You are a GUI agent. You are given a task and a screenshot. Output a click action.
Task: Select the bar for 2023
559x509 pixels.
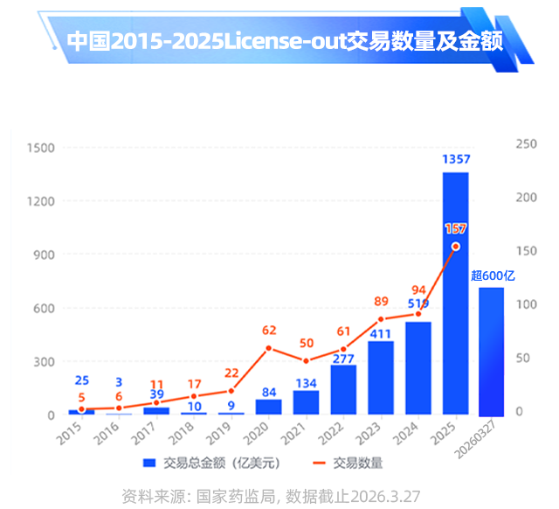click(x=380, y=378)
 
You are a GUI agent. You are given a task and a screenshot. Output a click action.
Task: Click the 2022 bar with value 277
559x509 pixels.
click(x=343, y=390)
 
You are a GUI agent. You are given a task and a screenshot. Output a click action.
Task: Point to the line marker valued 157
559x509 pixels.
click(x=455, y=247)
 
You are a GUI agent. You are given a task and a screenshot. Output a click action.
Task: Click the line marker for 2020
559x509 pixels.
click(x=268, y=348)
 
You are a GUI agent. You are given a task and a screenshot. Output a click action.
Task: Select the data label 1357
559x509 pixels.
click(x=456, y=159)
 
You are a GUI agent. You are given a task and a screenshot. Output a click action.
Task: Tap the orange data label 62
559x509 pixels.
click(x=269, y=331)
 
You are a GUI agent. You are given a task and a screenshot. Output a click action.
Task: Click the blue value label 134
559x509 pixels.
click(x=306, y=383)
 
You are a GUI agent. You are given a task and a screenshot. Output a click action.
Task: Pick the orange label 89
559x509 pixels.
click(x=381, y=302)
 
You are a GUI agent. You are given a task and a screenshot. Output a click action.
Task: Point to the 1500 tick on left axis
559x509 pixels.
click(x=40, y=148)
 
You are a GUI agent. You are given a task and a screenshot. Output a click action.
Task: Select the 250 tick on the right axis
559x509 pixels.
click(x=526, y=144)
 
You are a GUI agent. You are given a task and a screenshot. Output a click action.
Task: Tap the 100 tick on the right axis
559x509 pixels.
click(x=526, y=304)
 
